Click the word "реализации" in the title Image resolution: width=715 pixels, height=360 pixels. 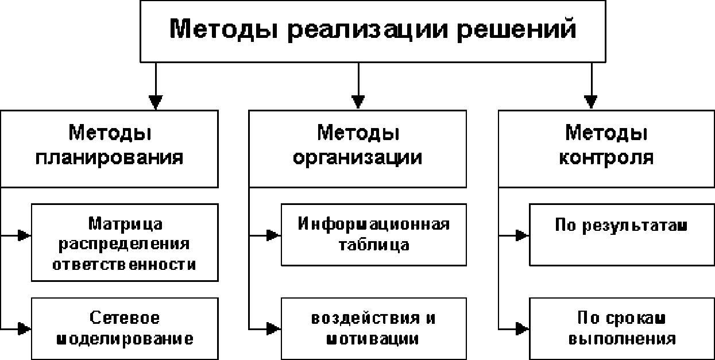tap(368, 29)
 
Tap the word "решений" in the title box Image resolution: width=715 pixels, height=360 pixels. tap(516, 29)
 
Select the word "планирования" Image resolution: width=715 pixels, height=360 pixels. tap(109, 157)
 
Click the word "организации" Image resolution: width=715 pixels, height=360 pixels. tap(358, 157)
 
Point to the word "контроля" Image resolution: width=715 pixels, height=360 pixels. tap(606, 157)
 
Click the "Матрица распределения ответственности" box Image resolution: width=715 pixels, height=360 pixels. tap(125, 242)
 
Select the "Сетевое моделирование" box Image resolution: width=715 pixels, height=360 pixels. tap(125, 328)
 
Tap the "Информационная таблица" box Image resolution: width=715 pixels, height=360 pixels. tap(373, 234)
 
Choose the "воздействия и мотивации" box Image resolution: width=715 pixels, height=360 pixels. tap(373, 328)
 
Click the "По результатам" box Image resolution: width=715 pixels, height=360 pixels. tap(621, 234)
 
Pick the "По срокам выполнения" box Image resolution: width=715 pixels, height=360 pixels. tap(621, 328)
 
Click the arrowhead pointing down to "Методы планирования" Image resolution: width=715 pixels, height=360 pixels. tap(156, 102)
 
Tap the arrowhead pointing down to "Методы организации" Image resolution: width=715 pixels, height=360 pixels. tap(358, 102)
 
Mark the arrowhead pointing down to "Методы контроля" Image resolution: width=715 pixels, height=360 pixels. tap(591, 102)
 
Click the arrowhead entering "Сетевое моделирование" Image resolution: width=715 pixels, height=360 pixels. tap(25, 328)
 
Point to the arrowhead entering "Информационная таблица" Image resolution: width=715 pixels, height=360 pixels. tap(274, 235)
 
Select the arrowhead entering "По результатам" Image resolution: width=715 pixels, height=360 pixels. tap(522, 235)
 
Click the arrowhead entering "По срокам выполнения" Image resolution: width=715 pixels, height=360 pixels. tap(522, 328)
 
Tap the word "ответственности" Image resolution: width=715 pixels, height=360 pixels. tap(124, 264)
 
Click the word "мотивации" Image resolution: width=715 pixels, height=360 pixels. tap(372, 339)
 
